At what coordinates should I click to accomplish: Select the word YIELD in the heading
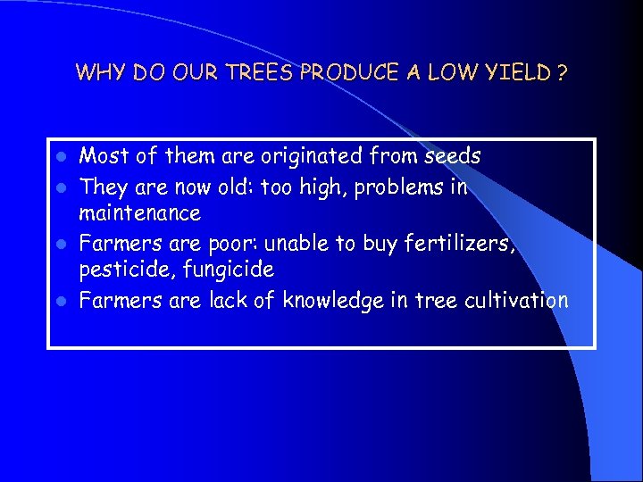pyautogui.click(x=514, y=72)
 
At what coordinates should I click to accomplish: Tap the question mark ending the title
pyautogui.click(x=560, y=72)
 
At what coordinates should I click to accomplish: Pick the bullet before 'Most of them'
pyautogui.click(x=60, y=158)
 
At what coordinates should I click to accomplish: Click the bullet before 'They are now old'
pyautogui.click(x=60, y=187)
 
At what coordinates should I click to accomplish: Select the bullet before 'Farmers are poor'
pyautogui.click(x=60, y=243)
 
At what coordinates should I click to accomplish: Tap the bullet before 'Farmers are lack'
pyautogui.click(x=60, y=301)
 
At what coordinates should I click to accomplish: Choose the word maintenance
pyautogui.click(x=140, y=214)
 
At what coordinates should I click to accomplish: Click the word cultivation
pyautogui.click(x=516, y=301)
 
